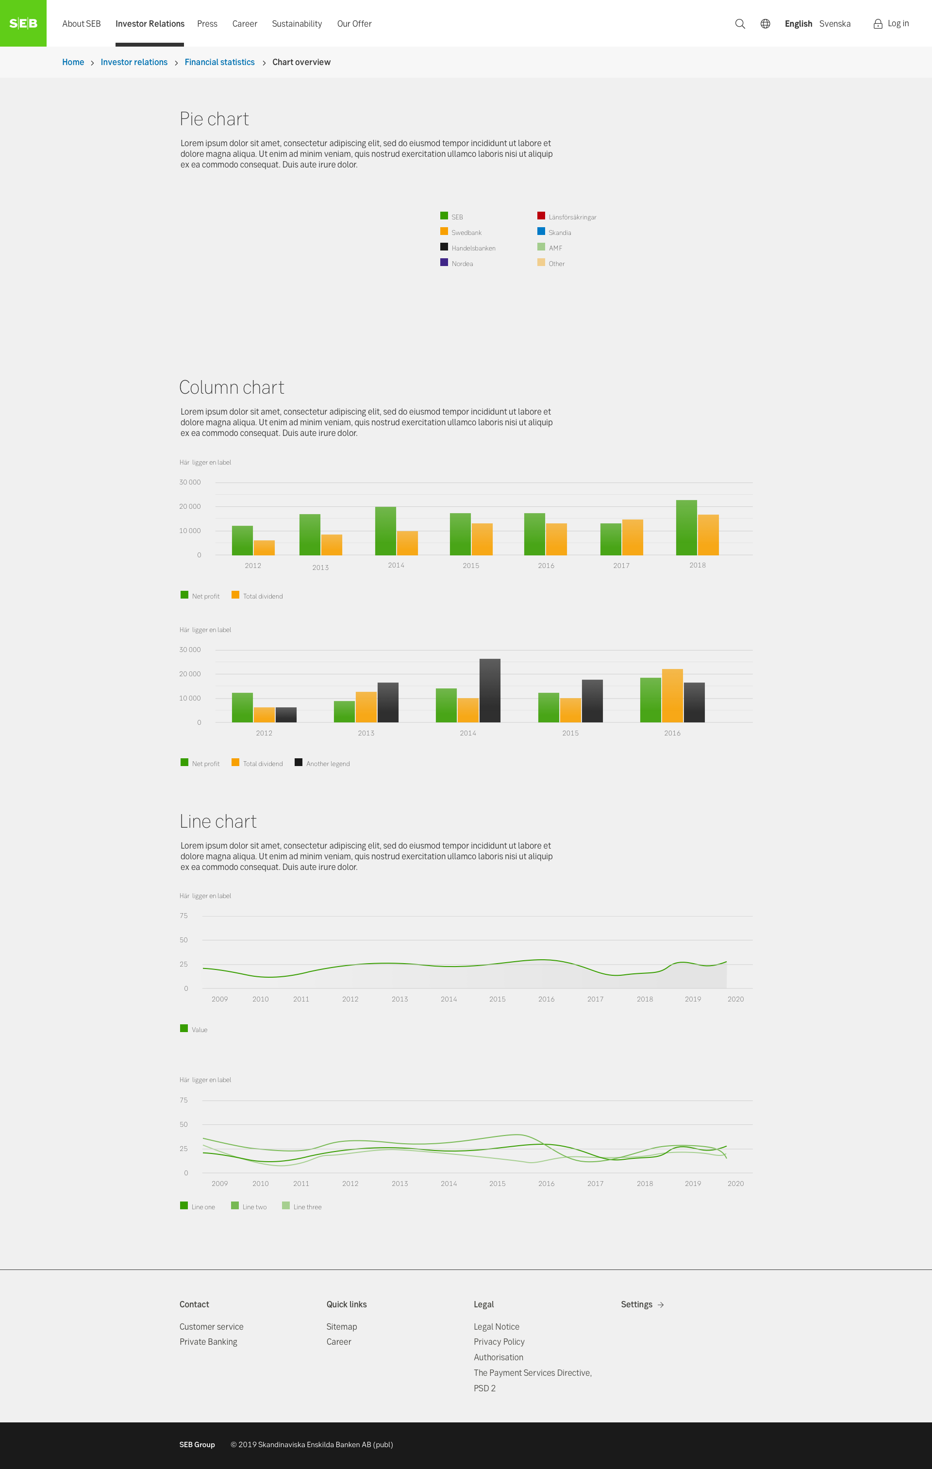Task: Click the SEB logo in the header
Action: (x=23, y=23)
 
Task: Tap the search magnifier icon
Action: (x=740, y=24)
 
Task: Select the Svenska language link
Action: (x=834, y=24)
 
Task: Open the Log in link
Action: (x=891, y=24)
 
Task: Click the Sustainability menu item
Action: (x=297, y=24)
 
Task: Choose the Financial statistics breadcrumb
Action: (x=219, y=62)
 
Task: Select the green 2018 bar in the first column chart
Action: (x=686, y=528)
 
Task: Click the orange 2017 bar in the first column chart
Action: (x=632, y=537)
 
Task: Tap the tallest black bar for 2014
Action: (x=490, y=691)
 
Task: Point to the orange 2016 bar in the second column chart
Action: (x=672, y=696)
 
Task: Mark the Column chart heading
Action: (x=232, y=387)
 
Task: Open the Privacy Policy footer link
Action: (x=499, y=1341)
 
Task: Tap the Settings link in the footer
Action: (x=642, y=1304)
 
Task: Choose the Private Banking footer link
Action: (x=208, y=1341)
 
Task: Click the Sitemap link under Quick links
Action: (x=342, y=1326)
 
